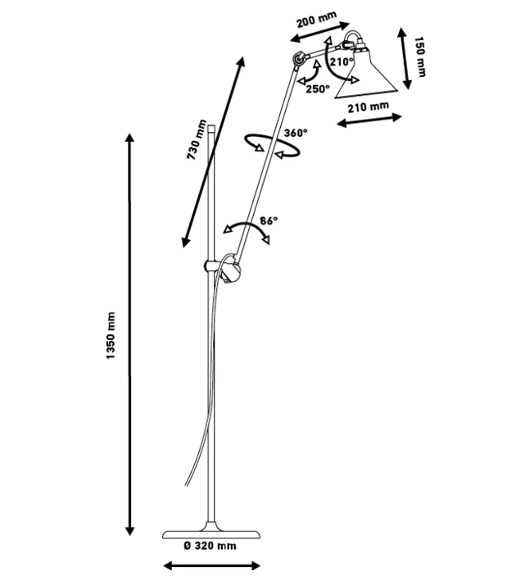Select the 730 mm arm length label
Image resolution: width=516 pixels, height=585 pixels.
tap(194, 139)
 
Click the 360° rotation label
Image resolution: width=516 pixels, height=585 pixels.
tap(296, 133)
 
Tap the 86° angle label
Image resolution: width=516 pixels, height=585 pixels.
tap(269, 220)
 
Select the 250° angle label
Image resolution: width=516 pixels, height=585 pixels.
tap(317, 88)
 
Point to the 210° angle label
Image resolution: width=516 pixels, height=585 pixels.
tap(342, 61)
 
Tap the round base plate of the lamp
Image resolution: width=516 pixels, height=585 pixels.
tap(212, 531)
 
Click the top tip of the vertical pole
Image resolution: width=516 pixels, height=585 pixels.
tap(212, 125)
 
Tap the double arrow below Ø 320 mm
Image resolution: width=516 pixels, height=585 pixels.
tap(212, 565)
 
